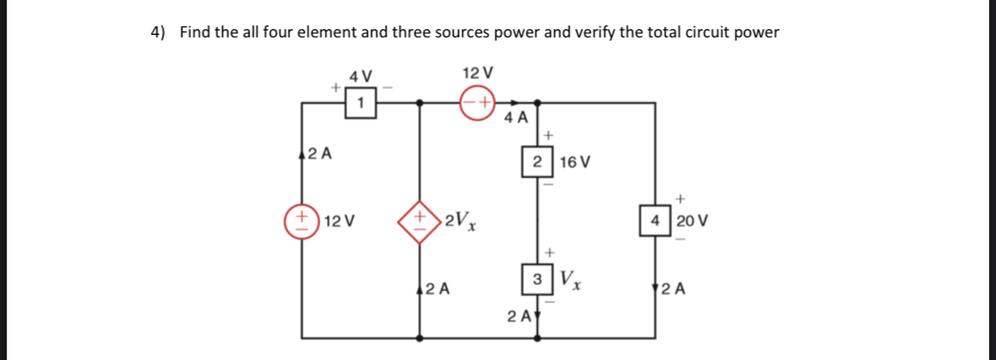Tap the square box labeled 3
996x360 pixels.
(x=536, y=279)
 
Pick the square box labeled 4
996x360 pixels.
(x=655, y=220)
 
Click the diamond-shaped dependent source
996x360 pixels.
(x=419, y=221)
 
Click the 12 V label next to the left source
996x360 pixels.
(x=340, y=221)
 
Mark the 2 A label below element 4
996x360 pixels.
(x=673, y=288)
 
